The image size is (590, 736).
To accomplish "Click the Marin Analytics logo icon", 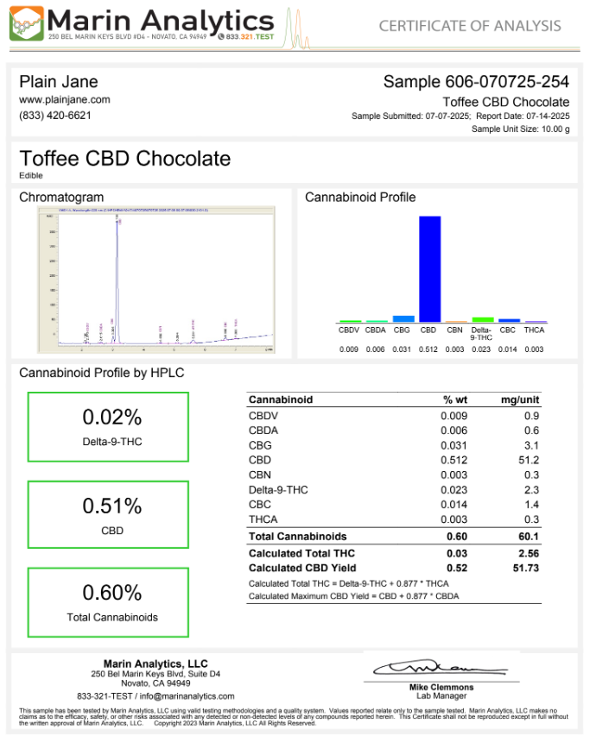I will point(25,23).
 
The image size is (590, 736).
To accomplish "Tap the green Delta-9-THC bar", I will point(482,319).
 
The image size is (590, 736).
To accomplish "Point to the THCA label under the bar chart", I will point(534,330).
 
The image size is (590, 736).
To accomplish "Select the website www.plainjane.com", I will point(65,99).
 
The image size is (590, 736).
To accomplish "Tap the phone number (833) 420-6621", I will point(55,115).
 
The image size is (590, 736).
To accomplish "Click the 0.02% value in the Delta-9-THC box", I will point(111,418).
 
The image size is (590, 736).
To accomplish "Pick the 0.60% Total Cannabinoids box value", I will point(111,594).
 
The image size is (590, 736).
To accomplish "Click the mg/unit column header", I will point(520,399).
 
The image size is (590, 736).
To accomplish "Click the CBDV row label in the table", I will point(263,415).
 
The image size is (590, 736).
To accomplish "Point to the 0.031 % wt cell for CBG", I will point(455,445).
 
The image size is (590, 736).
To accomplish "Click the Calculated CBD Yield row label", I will point(301,568).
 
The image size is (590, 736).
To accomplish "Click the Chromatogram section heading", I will point(61,197).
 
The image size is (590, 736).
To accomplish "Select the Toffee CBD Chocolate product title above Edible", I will point(125,159).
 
